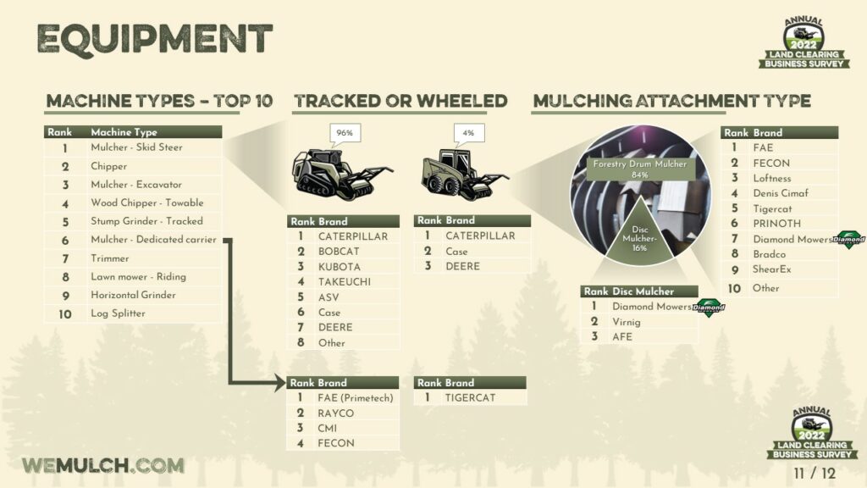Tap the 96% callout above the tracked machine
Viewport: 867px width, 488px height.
[345, 133]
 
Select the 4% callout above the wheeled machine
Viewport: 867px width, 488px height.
[468, 133]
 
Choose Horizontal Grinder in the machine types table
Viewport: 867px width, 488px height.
[133, 295]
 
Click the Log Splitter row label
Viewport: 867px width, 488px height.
[118, 313]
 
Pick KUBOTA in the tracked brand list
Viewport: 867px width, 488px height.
[339, 267]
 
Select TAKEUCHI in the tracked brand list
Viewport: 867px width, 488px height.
[345, 281]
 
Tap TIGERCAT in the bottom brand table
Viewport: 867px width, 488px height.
[470, 398]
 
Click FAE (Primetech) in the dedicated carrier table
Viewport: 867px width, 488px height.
[355, 398]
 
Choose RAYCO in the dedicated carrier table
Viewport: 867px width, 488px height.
[335, 413]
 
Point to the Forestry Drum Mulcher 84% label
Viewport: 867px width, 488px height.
[640, 169]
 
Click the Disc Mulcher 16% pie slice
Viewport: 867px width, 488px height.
[640, 237]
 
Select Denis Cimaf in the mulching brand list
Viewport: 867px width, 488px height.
[780, 193]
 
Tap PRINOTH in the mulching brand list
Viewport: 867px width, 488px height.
[777, 224]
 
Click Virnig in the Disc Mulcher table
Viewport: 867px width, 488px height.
[626, 322]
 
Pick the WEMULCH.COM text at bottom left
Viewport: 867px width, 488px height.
[103, 465]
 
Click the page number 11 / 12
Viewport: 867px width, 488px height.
[815, 474]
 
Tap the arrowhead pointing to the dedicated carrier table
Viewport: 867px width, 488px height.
[280, 382]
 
